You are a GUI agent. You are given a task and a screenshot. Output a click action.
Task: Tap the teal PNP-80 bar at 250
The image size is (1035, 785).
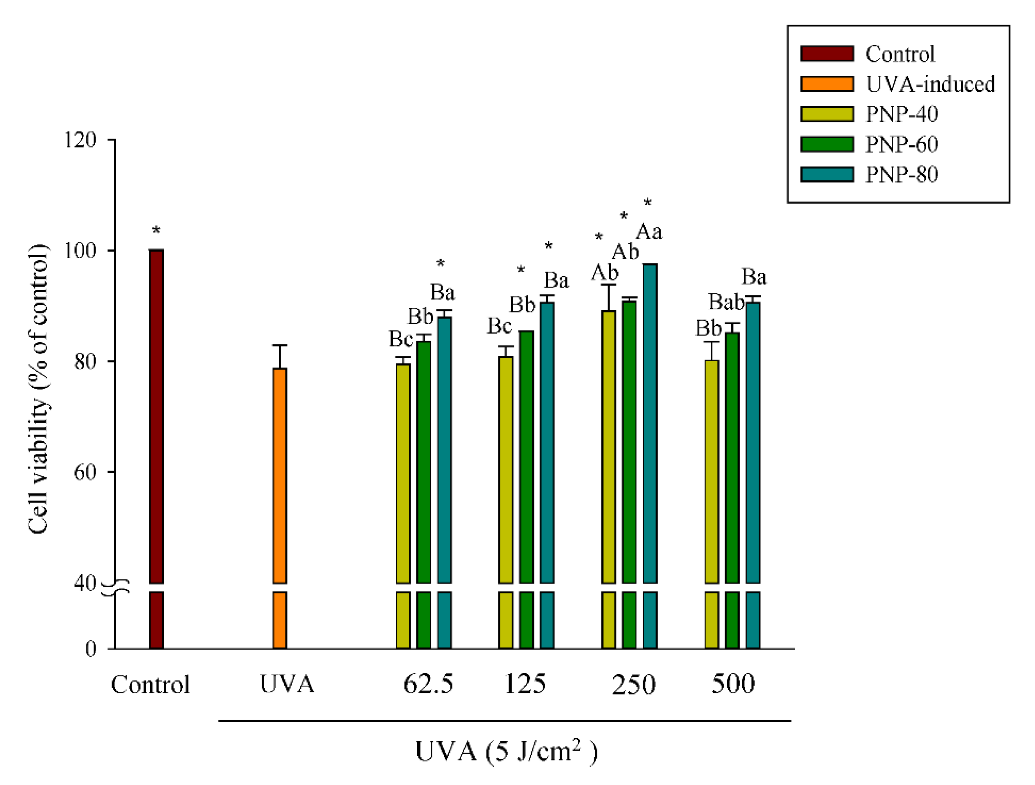(650, 421)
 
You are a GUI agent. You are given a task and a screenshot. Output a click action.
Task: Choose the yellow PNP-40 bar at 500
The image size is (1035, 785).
(712, 468)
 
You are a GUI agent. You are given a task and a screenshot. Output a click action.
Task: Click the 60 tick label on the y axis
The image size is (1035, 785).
(85, 472)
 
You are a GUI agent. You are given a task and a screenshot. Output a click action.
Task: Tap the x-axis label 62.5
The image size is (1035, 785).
(428, 684)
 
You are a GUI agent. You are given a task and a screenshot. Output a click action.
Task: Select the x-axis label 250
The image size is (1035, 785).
(634, 685)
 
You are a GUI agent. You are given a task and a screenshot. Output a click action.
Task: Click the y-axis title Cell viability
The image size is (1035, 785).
(38, 389)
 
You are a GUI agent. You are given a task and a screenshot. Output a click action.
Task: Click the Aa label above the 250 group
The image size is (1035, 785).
(649, 232)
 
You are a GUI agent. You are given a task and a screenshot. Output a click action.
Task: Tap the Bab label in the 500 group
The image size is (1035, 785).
(726, 302)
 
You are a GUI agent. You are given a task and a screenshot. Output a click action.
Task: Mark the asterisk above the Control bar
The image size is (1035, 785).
(156, 230)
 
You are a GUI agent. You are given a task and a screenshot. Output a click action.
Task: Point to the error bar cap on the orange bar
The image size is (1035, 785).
(280, 345)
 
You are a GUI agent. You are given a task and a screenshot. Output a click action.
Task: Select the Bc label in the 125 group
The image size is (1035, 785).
(499, 326)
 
